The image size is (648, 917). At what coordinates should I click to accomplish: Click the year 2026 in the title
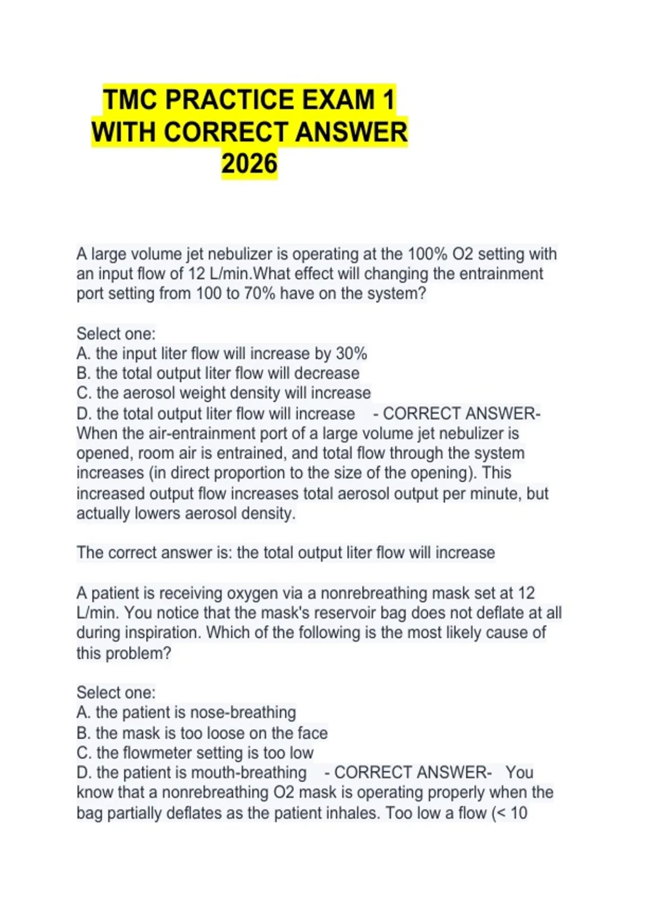pos(249,164)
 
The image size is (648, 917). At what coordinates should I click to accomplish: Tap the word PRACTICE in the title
pos(229,100)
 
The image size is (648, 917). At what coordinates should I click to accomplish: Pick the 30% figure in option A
pos(352,354)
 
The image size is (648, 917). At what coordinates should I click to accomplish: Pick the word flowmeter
pos(158,752)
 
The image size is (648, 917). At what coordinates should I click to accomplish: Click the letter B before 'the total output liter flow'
pos(83,373)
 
